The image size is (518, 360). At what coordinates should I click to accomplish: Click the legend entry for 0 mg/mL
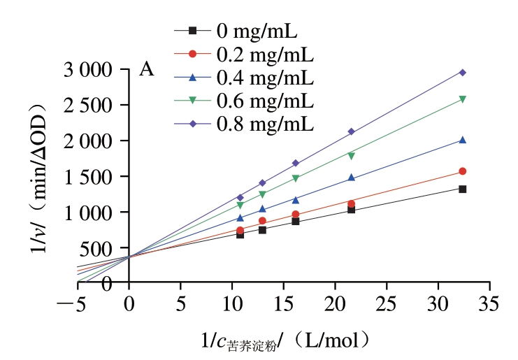(261, 31)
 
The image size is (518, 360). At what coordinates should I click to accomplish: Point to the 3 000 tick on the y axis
(87, 70)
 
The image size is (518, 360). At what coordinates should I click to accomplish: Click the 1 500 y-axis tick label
(87, 177)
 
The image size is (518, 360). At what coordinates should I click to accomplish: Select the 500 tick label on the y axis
(98, 248)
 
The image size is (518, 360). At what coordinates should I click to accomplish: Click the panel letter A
(146, 69)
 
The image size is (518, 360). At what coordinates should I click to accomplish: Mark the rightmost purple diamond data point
(463, 72)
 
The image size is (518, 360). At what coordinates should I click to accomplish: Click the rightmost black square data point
(463, 189)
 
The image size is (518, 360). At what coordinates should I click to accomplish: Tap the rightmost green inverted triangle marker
(463, 99)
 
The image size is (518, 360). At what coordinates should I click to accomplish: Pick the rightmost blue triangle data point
(463, 140)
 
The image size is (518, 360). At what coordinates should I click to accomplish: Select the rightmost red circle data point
(463, 171)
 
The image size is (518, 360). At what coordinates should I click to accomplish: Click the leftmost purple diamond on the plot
(240, 197)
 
